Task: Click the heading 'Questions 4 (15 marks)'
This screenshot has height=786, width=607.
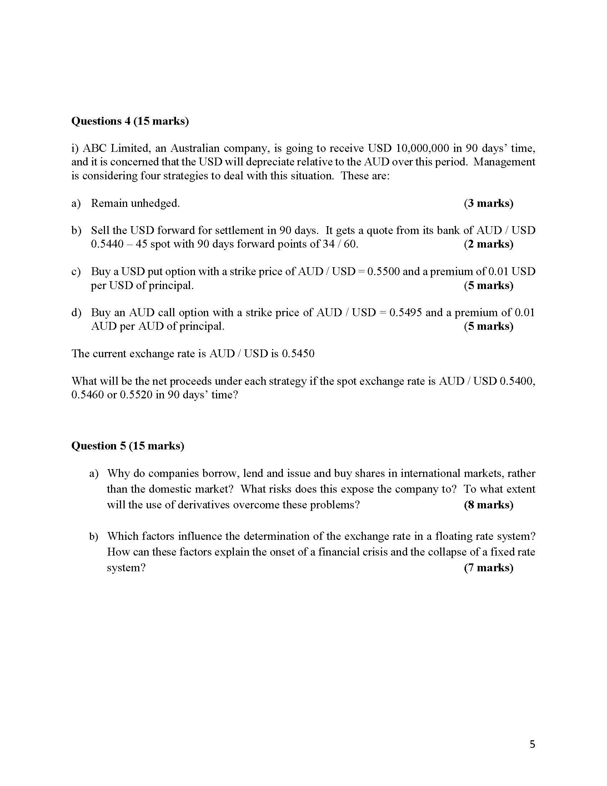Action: coord(130,121)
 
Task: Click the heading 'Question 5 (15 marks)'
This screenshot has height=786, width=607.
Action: coord(128,446)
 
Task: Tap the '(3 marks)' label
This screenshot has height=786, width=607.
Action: coord(488,203)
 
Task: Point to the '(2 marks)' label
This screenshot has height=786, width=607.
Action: coord(488,244)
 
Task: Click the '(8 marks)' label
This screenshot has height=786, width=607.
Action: coord(488,505)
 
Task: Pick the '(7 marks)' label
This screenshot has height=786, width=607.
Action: coord(488,568)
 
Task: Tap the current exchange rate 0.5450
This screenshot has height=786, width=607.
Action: coord(298,354)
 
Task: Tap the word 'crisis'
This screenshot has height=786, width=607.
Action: coord(373,552)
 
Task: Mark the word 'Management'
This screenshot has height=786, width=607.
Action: coord(504,162)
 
